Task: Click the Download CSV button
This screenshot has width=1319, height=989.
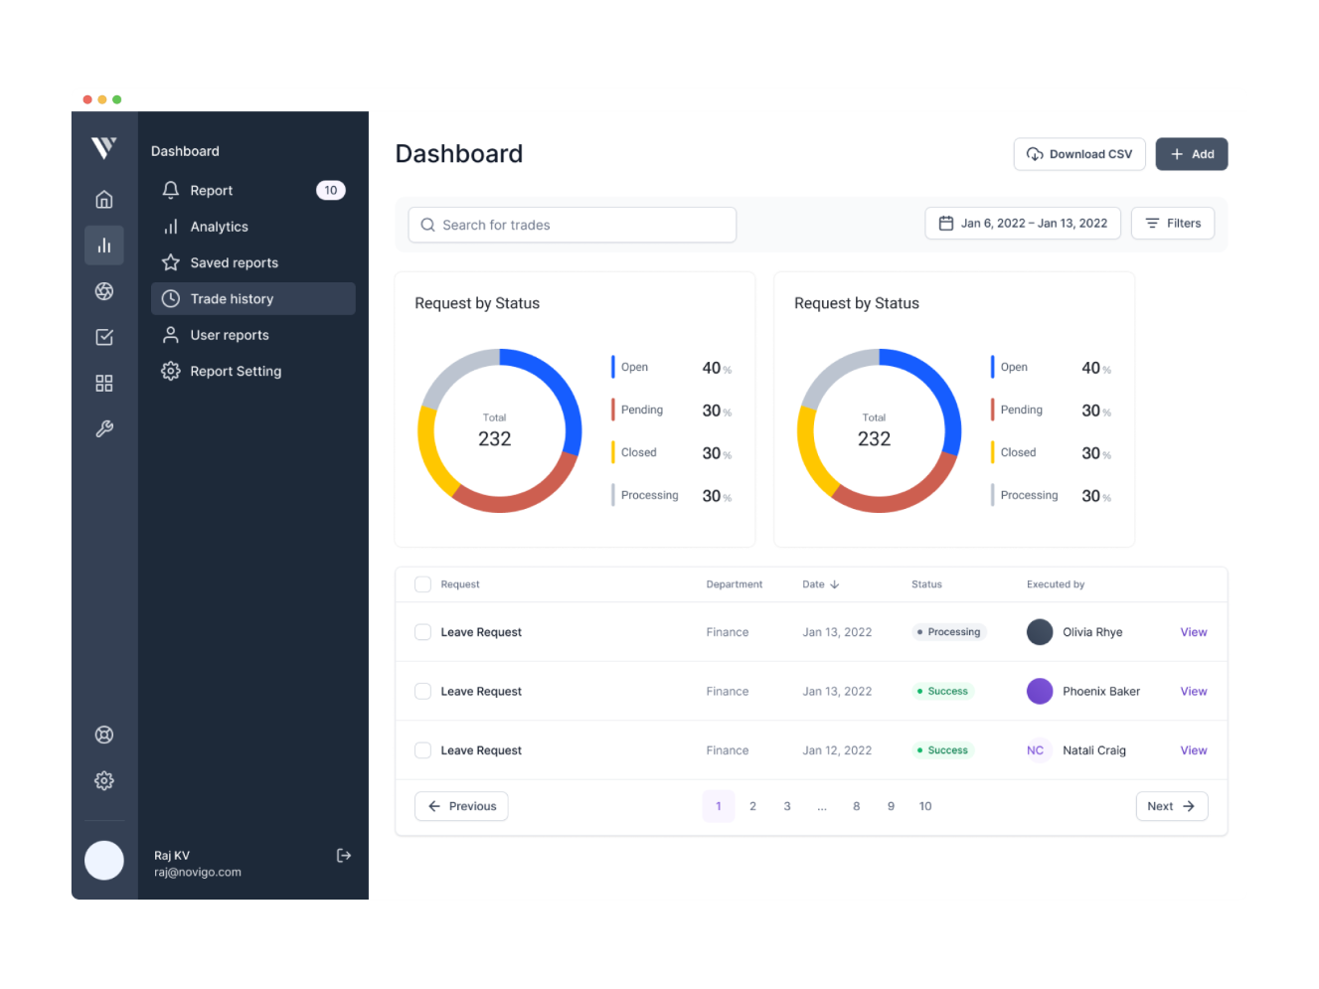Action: click(1078, 154)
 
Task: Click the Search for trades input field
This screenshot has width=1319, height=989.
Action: click(572, 225)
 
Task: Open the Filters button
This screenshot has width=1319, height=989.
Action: click(1173, 224)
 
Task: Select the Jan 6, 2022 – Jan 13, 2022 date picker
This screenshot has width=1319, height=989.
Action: click(1023, 224)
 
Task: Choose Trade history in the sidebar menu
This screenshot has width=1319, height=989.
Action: click(252, 299)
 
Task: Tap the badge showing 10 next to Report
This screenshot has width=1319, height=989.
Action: click(330, 191)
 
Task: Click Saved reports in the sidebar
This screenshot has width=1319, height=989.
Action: click(234, 262)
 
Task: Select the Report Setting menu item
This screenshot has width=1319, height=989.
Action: click(236, 371)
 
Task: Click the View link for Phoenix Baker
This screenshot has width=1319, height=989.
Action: click(1193, 692)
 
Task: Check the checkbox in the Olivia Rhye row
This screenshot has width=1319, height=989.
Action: click(422, 632)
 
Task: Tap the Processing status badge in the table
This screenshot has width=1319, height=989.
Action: click(949, 632)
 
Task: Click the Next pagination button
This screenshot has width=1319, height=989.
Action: click(1171, 806)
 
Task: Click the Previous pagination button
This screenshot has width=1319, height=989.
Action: click(461, 806)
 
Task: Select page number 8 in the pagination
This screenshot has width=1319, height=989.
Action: click(856, 806)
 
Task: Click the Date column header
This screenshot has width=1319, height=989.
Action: click(820, 584)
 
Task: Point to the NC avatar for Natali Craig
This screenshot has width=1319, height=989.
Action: click(1035, 750)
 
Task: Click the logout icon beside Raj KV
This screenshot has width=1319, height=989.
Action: click(344, 856)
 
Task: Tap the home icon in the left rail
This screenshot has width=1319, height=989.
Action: click(104, 200)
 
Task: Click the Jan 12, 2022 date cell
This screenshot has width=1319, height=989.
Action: click(836, 750)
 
